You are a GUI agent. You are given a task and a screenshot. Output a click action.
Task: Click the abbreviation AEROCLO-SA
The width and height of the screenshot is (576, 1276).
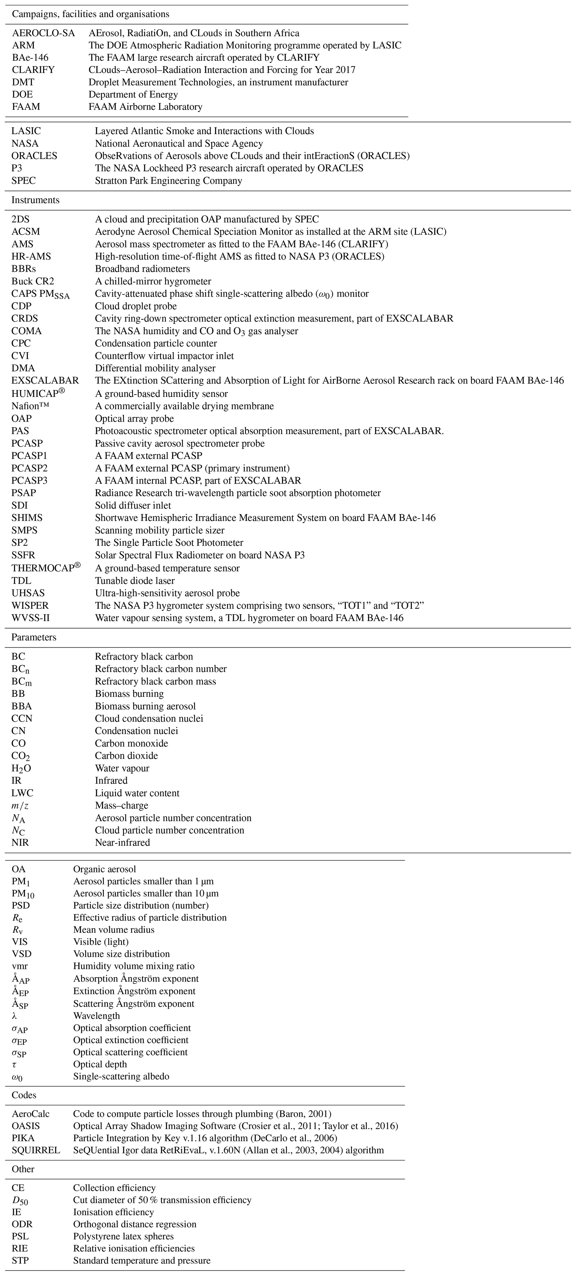pos(44,33)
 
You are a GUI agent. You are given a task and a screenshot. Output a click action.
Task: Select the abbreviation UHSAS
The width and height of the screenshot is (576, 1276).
pos(28,593)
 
